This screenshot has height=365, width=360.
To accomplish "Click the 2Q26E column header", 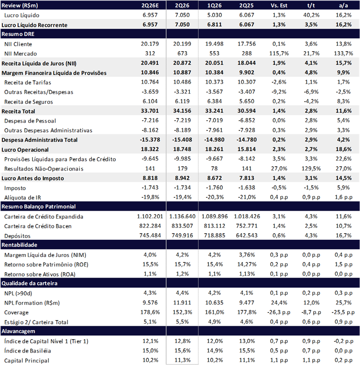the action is coord(150,5).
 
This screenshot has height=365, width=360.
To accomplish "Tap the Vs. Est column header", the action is coord(279,5).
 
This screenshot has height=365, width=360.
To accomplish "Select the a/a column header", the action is coord(343,5).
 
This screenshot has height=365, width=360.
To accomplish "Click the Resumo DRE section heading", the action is coord(18,34).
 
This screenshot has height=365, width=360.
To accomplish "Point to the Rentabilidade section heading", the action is coord(19,245).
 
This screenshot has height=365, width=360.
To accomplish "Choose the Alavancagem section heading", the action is coord(18,331).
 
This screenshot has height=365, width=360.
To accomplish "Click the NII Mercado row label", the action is coord(21,54).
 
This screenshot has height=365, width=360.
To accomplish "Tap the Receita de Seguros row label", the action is coord(28,102).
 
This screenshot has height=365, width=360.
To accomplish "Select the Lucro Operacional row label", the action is coord(25,150).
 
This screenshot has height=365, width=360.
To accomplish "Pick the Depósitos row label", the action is coord(17,236).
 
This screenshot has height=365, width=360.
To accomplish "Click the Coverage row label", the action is coord(16,312).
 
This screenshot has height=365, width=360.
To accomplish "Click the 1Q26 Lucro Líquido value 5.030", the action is coord(214,15).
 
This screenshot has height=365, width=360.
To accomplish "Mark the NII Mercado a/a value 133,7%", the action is coord(343,54).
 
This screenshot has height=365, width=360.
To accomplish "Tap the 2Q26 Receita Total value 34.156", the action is coord(182,111).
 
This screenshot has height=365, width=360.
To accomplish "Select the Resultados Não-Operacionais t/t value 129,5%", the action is coord(311,169).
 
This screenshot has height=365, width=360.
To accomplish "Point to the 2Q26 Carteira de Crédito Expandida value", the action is coord(182,216).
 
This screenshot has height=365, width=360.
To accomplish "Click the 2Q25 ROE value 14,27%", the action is coord(247,265).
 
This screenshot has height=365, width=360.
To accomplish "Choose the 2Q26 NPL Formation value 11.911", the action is coord(182,303).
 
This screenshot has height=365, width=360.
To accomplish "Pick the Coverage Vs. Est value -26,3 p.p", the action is coord(279,312).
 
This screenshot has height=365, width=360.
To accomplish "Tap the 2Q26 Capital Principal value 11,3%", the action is coord(182,360).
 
